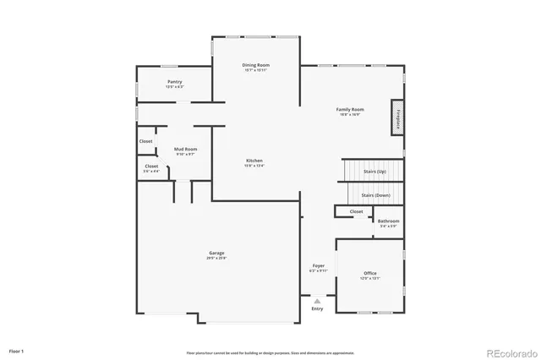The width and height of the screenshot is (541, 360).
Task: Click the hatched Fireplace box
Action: (x=396, y=117)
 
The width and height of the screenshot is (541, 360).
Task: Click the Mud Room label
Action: (x=186, y=150)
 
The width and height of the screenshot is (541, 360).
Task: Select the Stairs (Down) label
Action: (x=375, y=195)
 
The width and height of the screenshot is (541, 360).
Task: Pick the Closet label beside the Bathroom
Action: (x=356, y=211)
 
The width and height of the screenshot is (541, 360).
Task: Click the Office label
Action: (x=369, y=275)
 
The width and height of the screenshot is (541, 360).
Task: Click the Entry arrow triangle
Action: (x=317, y=300)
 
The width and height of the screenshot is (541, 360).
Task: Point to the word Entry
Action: (x=317, y=308)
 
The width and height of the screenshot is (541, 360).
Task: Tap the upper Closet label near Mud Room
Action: (x=146, y=141)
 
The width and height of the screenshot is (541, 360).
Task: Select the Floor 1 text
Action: (x=17, y=350)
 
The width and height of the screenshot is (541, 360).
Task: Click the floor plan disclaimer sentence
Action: (x=270, y=352)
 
